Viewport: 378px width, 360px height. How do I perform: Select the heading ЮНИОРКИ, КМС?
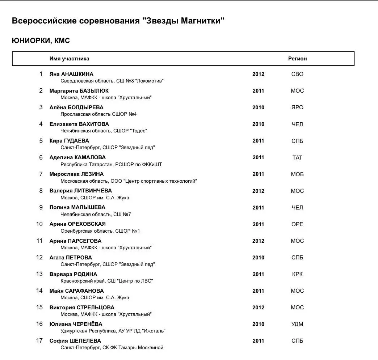(41, 41)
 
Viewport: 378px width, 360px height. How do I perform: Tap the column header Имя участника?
(69, 59)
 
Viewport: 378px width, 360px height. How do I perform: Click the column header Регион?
(297, 59)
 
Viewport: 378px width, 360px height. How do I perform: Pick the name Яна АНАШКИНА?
(71, 74)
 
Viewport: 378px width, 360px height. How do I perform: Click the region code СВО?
(297, 74)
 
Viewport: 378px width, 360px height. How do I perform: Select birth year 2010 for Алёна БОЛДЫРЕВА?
(258, 107)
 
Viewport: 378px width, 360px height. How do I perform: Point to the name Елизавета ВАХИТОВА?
(79, 124)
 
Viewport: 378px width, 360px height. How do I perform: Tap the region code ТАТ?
(297, 157)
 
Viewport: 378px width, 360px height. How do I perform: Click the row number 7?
(41, 174)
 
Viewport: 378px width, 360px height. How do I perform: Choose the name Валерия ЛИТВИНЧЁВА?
(80, 191)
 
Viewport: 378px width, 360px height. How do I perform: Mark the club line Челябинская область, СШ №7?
(96, 214)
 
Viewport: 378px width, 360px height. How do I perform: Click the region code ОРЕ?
(297, 224)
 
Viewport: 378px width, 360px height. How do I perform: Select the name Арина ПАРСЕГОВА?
(75, 241)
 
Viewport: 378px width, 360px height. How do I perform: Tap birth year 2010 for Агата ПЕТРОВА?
(258, 258)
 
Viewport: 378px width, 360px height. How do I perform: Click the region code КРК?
(297, 274)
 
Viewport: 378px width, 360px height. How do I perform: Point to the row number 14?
(39, 291)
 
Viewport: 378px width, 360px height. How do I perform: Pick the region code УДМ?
(297, 324)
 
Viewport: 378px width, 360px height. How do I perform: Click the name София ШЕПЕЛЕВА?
(75, 341)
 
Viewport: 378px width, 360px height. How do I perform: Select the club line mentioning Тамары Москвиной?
(112, 348)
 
